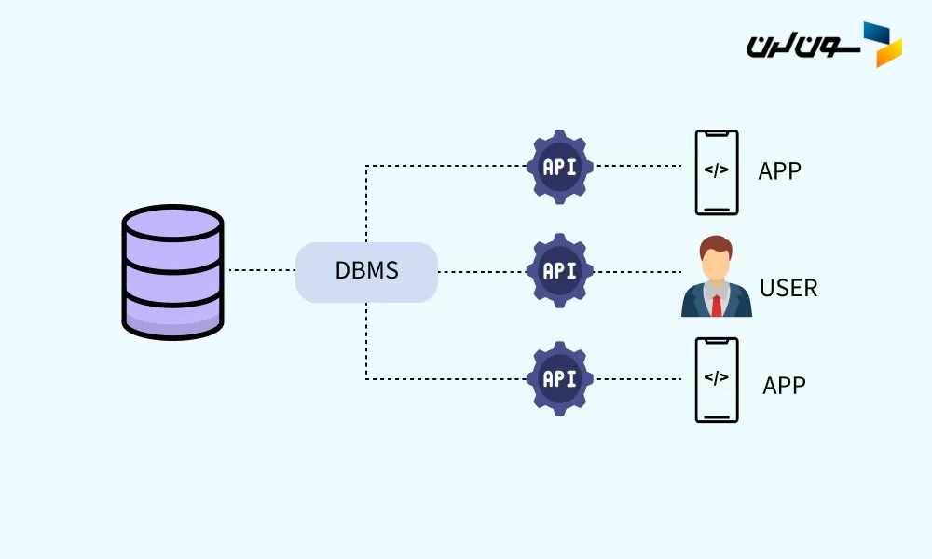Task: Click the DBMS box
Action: pos(366,272)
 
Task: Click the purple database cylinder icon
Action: pos(172,272)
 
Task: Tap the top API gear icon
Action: pos(559,168)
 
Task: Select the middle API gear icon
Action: pos(559,271)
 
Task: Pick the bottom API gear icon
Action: pos(559,378)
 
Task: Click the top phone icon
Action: pos(717,171)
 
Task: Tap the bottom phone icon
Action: pos(717,379)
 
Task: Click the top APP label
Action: pos(780,171)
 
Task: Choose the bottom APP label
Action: pos(784,385)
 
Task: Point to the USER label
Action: pos(788,288)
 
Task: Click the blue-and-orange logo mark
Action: pos(883,44)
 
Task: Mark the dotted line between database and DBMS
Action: pos(261,271)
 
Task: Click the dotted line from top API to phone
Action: pos(638,167)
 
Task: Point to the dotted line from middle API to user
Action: pos(638,272)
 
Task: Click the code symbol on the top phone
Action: pos(717,170)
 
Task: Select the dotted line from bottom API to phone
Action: pos(638,379)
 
